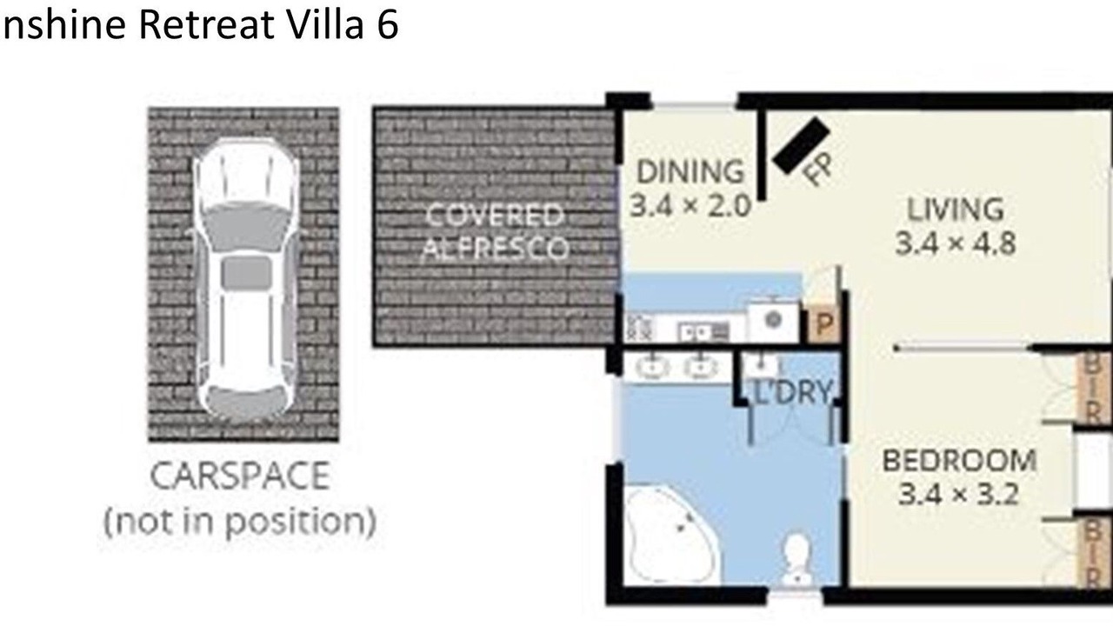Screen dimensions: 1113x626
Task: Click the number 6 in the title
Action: tap(388, 25)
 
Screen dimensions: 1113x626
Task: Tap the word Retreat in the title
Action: tap(206, 25)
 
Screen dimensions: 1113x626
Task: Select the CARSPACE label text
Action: tap(240, 476)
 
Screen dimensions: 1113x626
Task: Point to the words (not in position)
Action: tap(240, 522)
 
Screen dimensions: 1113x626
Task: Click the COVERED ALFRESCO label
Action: tap(495, 231)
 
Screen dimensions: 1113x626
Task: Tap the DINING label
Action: tap(690, 172)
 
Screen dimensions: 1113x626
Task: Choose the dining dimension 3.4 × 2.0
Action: tap(690, 206)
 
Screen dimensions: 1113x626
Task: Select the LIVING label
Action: tap(956, 210)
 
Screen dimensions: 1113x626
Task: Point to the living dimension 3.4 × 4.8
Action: tap(956, 243)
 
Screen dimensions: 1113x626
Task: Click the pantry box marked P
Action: tap(823, 325)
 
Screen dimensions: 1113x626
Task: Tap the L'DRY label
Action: tap(792, 392)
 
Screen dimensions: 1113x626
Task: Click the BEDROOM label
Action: tap(959, 461)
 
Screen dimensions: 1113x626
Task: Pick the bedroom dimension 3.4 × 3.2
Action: tap(959, 495)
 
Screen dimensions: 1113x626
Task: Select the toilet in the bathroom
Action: tap(796, 559)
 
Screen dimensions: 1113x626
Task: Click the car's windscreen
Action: tap(245, 223)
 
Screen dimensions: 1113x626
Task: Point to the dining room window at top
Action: tap(694, 105)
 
